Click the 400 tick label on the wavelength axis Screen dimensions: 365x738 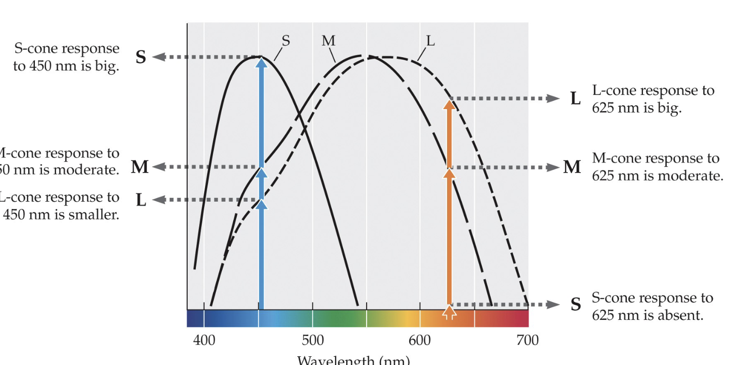(x=204, y=340)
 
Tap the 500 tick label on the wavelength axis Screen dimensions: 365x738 (x=312, y=340)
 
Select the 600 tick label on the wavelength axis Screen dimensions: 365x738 (x=419, y=340)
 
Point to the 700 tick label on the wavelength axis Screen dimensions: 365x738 (x=527, y=340)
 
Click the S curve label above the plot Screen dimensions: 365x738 (x=286, y=41)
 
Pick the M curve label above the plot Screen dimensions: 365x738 (x=328, y=41)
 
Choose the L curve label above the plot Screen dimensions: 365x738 (x=430, y=41)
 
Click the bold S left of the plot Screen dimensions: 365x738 (x=141, y=57)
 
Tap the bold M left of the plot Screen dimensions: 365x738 (x=140, y=167)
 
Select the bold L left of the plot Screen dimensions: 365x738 (x=141, y=200)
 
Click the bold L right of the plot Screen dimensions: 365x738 (x=576, y=99)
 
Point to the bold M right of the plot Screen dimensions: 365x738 (x=572, y=167)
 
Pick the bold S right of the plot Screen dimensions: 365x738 (x=576, y=304)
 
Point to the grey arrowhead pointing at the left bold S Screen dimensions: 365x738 (x=158, y=57)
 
